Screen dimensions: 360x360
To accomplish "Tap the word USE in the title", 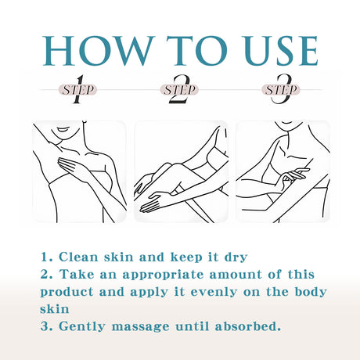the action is point(282,51).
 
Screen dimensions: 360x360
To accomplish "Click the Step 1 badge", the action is point(78,90).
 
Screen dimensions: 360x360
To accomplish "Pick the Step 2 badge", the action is point(179,90).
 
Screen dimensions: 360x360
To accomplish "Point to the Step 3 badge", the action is point(281,90).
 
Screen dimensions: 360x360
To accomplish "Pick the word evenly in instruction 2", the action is point(214,293).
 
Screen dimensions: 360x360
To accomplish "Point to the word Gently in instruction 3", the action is point(82,327).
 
